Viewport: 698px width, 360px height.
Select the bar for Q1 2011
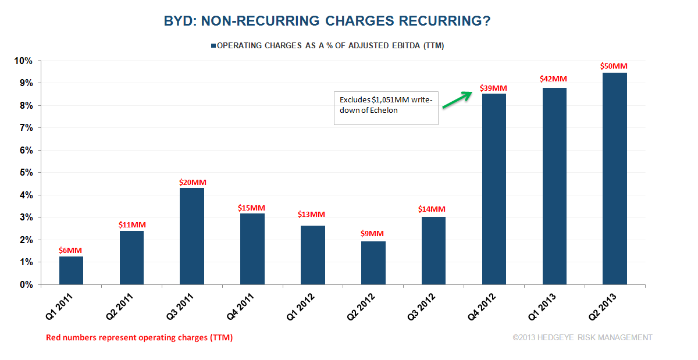pos(71,270)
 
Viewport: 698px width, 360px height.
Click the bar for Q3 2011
pos(192,236)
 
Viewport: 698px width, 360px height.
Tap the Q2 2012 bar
pos(373,263)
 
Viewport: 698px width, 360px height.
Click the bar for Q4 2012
pos(494,189)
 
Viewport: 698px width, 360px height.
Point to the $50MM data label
pos(614,66)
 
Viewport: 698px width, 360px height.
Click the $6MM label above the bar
pos(71,250)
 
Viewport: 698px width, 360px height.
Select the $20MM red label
pos(192,182)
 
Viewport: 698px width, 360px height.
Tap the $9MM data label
pos(373,234)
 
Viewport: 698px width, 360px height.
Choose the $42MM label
pos(553,79)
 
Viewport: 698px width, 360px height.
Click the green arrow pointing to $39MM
pos(457,99)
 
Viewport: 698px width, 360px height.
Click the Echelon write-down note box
pos(385,106)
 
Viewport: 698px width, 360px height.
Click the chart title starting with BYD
pos(327,22)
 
